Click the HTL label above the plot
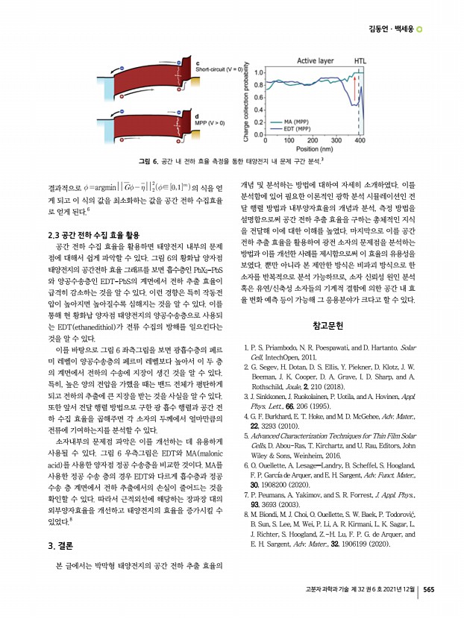360,62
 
